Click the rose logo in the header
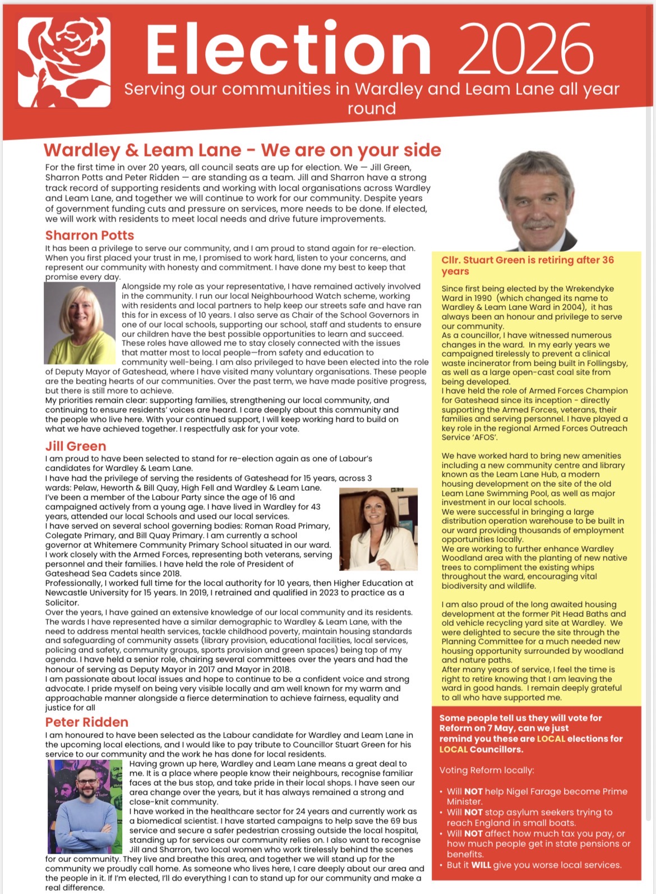pyautogui.click(x=64, y=62)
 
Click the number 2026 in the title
pyautogui.click(x=528, y=49)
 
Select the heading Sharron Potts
pyautogui.click(x=90, y=236)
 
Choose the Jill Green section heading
pyautogui.click(x=76, y=446)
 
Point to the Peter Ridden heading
pyautogui.click(x=87, y=722)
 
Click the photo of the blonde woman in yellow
pyautogui.click(x=80, y=323)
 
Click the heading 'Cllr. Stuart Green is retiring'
pyautogui.click(x=527, y=265)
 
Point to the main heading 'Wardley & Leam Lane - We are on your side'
pyautogui.click(x=242, y=150)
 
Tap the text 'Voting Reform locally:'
pyautogui.click(x=487, y=770)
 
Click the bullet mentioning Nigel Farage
pyautogui.click(x=537, y=796)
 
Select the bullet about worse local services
pyautogui.click(x=534, y=865)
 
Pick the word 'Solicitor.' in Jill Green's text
pyautogui.click(x=62, y=602)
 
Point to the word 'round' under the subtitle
pyautogui.click(x=371, y=108)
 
